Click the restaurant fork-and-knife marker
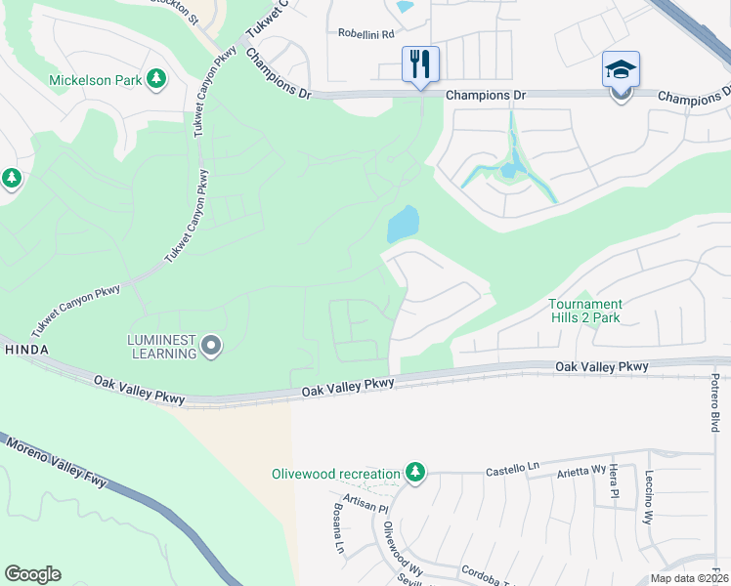point(421,64)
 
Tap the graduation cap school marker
point(621,70)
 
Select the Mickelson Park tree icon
point(156,79)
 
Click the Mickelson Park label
point(96,79)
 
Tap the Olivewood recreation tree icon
point(416,474)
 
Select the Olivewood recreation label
point(335,474)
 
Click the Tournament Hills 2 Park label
point(584,311)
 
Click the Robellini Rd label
point(366,33)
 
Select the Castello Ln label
point(513,471)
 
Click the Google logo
point(32,574)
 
